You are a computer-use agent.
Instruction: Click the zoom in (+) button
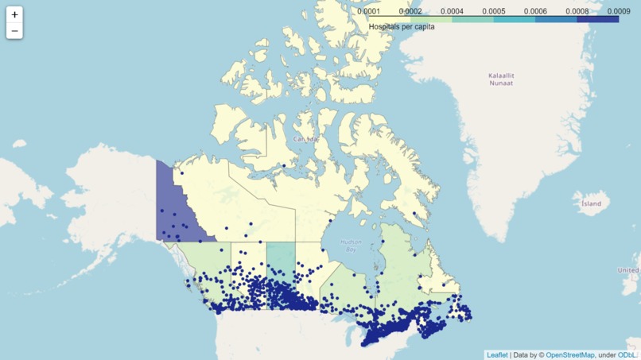[x=14, y=14]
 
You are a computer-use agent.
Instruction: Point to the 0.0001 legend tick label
[x=368, y=11]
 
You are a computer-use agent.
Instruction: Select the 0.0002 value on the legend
[x=410, y=11]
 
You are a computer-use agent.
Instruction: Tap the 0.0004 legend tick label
[x=452, y=11]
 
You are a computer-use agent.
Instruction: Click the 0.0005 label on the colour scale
[x=493, y=11]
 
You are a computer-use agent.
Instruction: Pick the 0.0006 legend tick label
[x=535, y=11]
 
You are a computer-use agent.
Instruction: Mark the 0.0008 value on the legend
[x=577, y=11]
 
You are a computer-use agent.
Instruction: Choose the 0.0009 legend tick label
[x=619, y=11]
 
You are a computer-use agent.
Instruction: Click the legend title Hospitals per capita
[x=402, y=27]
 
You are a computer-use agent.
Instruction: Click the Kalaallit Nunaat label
[x=501, y=79]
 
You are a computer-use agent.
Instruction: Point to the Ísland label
[x=591, y=203]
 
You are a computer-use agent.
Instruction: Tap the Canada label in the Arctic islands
[x=305, y=139]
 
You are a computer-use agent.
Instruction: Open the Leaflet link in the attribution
[x=497, y=355]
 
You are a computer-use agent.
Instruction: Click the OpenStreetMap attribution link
[x=569, y=355]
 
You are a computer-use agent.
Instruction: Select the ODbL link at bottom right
[x=627, y=355]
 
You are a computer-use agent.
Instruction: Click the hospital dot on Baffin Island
[x=414, y=213]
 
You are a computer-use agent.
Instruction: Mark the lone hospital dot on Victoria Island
[x=284, y=165]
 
